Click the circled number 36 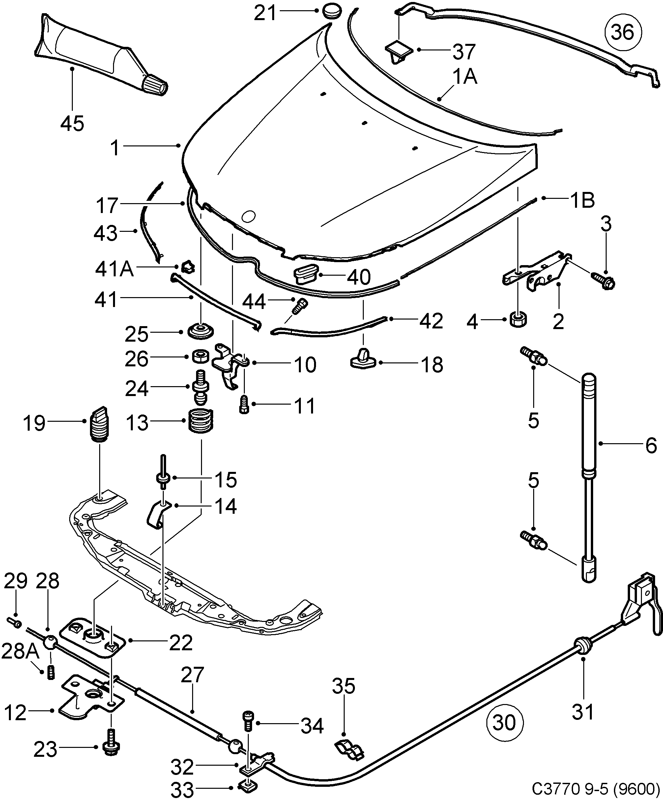tap(623, 32)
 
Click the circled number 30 tap(504, 722)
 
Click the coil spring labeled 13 tap(201, 420)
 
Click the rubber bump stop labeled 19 tap(100, 424)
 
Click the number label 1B tap(582, 200)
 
